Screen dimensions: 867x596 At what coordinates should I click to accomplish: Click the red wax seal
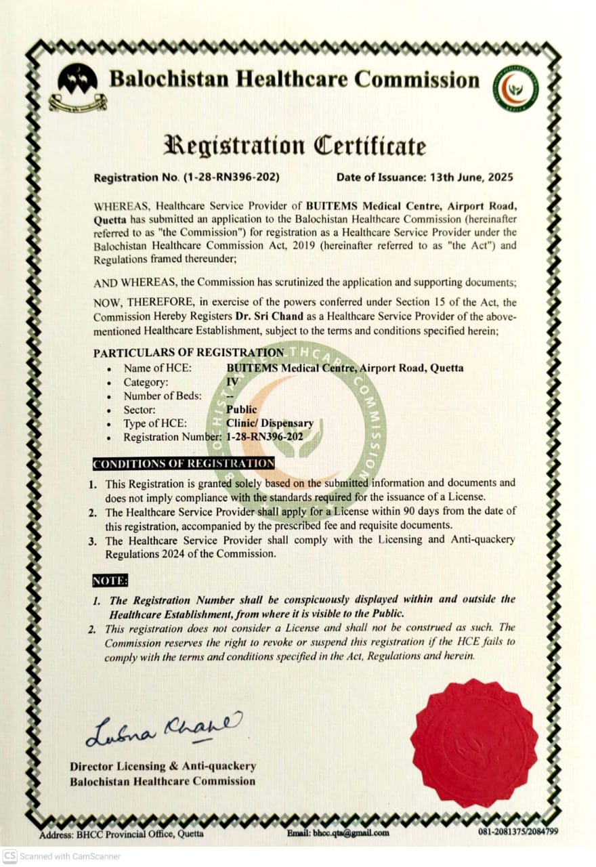coord(474,744)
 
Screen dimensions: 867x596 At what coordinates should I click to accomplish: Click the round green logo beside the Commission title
coord(515,88)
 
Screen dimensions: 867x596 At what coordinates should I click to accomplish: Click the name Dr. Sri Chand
coord(264,316)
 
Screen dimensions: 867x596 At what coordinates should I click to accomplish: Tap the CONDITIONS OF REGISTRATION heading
coord(184,463)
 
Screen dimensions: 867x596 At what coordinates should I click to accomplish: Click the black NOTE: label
coord(110,580)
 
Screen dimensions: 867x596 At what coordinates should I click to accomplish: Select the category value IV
coord(232,381)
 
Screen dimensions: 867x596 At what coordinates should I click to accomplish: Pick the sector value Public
coord(241,409)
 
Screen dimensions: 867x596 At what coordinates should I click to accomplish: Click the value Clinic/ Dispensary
coord(270,423)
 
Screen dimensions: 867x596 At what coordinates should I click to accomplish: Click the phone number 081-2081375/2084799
coord(518,832)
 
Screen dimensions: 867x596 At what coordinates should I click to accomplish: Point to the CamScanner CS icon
coord(9,856)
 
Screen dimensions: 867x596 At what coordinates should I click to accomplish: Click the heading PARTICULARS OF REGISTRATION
coord(189,353)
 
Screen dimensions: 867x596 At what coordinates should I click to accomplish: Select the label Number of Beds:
coord(163,396)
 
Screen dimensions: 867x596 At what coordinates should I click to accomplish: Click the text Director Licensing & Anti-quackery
coord(163,766)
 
